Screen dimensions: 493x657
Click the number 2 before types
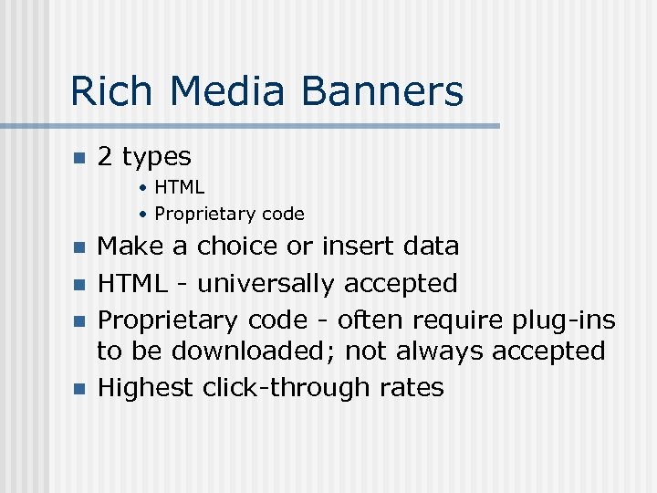[105, 157]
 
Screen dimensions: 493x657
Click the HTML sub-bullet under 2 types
[179, 187]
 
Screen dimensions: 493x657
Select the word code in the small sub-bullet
[283, 214]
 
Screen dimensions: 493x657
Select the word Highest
[146, 388]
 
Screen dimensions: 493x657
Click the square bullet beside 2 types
[78, 158]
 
